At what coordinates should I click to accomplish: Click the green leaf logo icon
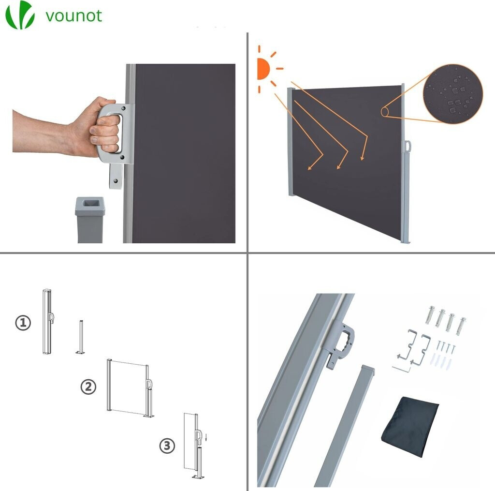pos(20,15)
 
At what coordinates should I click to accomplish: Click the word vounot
pos(74,16)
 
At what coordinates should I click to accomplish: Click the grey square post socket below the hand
pos(90,220)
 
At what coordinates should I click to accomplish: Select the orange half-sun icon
pos(263,69)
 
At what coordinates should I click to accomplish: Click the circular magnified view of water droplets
pos(453,93)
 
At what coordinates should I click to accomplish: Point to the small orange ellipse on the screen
pos(384,112)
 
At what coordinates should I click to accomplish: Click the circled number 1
pos(23,323)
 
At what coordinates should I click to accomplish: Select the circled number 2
pos(88,387)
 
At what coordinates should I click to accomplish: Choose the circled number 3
pos(167,446)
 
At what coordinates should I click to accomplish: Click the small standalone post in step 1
pos(81,337)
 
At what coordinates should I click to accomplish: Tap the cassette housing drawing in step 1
pos(47,321)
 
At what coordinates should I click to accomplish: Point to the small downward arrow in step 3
pos(206,437)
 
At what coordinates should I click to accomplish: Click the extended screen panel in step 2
pos(128,386)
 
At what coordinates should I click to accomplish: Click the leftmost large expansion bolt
pos(431,315)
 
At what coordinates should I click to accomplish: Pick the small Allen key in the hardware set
pos(401,369)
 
